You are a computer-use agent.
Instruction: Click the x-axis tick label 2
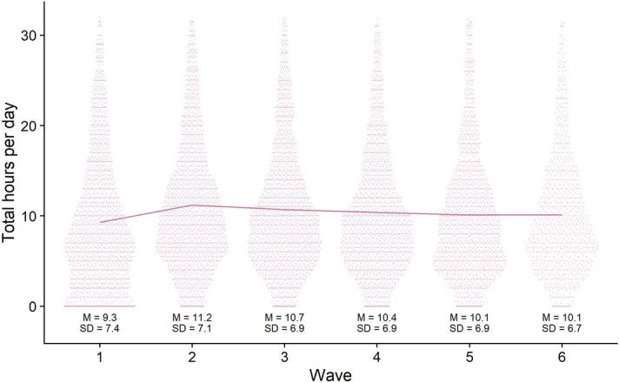[x=192, y=356]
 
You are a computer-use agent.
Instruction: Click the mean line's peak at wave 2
[x=192, y=205]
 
